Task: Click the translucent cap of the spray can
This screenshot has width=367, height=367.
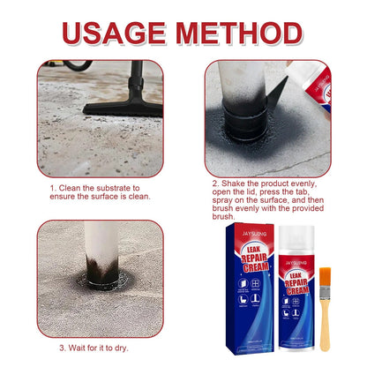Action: [288, 239]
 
